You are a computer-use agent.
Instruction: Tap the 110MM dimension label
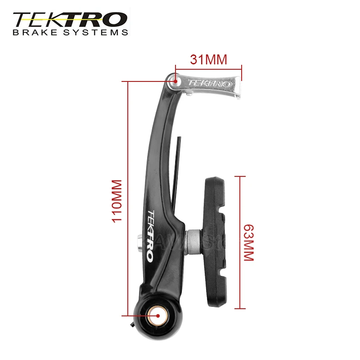[x=117, y=201]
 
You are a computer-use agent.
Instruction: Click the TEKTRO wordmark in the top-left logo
[x=70, y=20]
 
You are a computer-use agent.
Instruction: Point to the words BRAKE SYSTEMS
[x=70, y=32]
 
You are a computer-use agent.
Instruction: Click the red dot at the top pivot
[x=176, y=81]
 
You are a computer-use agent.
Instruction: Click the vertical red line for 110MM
[x=129, y=198]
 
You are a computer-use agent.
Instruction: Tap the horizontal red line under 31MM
[x=209, y=68]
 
